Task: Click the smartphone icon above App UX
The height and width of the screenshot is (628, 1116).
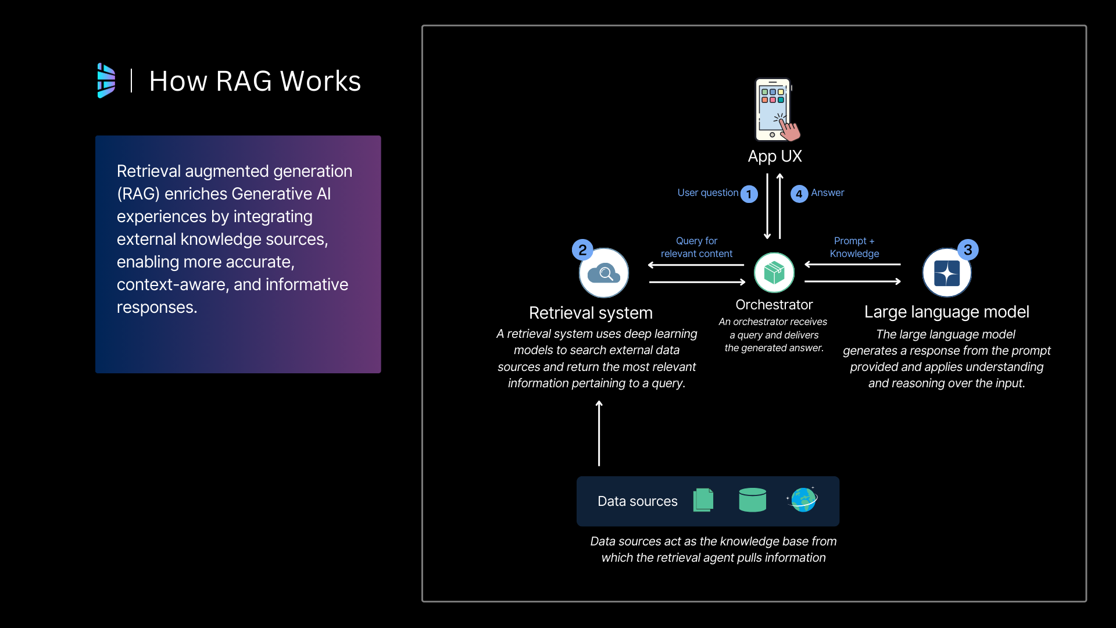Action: click(775, 110)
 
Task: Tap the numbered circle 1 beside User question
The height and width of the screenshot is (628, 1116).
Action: click(749, 194)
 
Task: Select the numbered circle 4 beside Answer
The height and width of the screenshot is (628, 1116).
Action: click(799, 194)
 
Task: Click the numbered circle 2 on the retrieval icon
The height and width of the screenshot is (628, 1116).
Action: click(582, 250)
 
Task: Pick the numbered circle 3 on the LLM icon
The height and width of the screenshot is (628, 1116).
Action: click(968, 250)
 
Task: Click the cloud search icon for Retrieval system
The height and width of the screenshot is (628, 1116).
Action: click(604, 273)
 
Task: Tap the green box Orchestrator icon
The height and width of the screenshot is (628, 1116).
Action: click(774, 272)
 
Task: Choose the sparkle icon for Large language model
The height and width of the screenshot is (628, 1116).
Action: click(946, 273)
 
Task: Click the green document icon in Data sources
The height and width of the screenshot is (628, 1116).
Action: click(703, 500)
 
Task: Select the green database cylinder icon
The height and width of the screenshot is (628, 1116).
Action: click(752, 500)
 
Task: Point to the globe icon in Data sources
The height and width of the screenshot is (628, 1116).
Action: click(803, 499)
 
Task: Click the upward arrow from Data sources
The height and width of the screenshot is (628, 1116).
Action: click(599, 433)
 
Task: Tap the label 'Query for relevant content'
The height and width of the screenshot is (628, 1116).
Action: click(696, 247)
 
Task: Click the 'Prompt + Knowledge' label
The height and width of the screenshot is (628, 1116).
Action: click(854, 247)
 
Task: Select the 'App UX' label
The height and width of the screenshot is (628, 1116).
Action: click(775, 156)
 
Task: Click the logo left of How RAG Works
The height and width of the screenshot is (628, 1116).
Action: click(106, 81)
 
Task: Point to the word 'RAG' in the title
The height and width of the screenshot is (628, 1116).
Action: click(244, 81)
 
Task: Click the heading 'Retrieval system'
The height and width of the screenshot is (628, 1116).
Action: click(591, 313)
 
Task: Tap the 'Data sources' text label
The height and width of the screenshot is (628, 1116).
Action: click(638, 501)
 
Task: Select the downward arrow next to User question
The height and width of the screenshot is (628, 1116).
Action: click(767, 206)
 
